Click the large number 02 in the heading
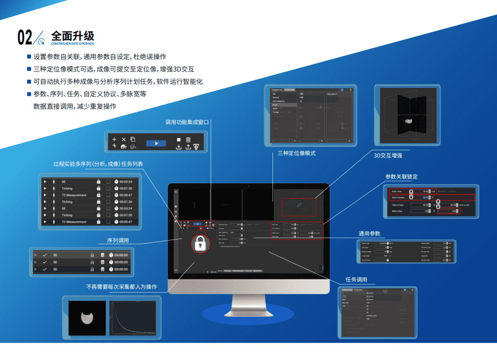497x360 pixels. pyautogui.click(x=25, y=37)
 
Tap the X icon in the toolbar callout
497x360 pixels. pyautogui.click(x=124, y=139)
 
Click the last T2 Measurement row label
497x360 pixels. pyautogui.click(x=74, y=222)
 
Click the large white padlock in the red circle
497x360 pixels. pyautogui.click(x=199, y=243)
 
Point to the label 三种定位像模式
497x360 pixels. pyautogui.click(x=297, y=153)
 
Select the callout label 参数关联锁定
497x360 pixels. pyautogui.click(x=401, y=176)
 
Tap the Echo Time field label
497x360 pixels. pyautogui.click(x=398, y=191)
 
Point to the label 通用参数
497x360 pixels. pyautogui.click(x=369, y=234)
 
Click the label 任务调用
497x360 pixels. pyautogui.click(x=356, y=280)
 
